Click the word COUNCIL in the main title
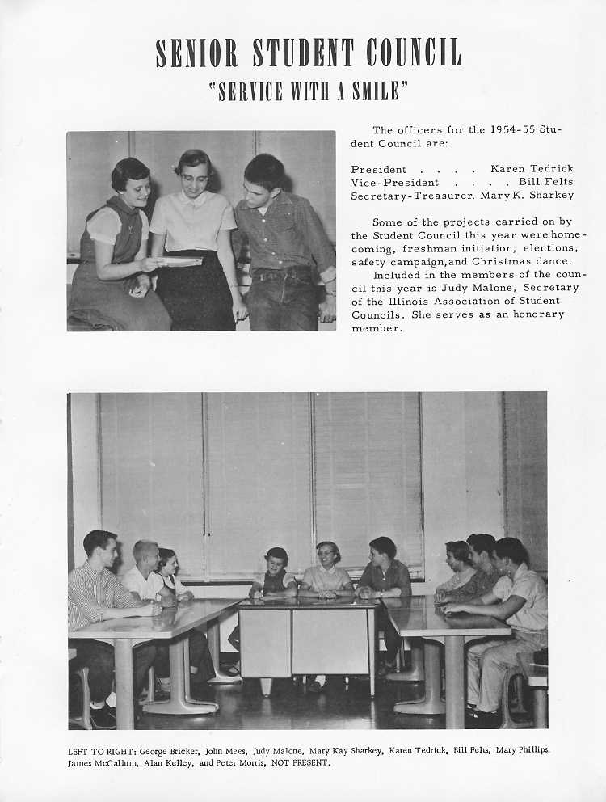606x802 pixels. click(413, 53)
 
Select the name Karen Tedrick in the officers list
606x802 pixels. click(532, 169)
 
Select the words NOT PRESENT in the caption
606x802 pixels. click(305, 762)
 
